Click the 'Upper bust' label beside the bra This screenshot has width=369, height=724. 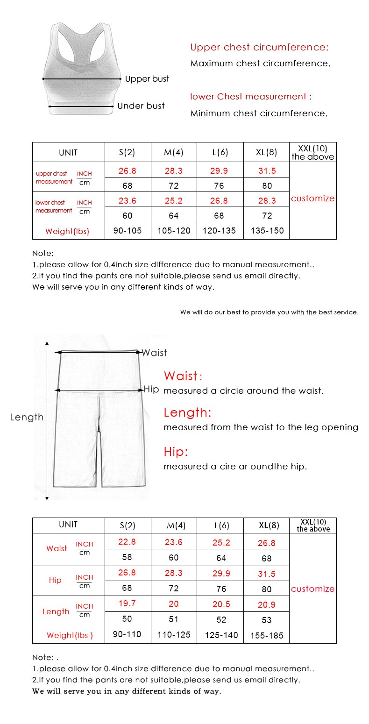click(147, 79)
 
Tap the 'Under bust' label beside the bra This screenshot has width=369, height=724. click(141, 106)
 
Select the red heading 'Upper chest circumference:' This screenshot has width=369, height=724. click(259, 47)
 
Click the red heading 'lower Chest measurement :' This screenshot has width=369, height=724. click(251, 97)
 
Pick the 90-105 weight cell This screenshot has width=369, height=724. click(128, 231)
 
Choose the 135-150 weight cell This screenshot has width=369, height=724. click(267, 231)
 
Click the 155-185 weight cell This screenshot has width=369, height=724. click(267, 635)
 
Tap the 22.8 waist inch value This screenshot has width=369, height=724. click(127, 542)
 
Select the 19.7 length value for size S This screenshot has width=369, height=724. click(127, 603)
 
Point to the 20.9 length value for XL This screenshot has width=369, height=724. click(267, 604)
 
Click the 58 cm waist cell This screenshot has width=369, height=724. click(127, 557)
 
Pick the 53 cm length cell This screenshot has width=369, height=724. click(267, 620)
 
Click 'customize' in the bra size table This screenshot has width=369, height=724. click(312, 199)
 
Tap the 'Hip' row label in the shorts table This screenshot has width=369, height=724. click(55, 581)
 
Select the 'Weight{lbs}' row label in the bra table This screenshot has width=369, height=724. click(67, 231)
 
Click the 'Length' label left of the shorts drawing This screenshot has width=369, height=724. click(27, 417)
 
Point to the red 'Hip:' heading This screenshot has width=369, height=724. click(176, 452)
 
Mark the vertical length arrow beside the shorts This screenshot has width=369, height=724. click(47, 420)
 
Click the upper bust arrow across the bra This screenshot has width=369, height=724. click(82, 79)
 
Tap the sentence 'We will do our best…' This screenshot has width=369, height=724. click(270, 312)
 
